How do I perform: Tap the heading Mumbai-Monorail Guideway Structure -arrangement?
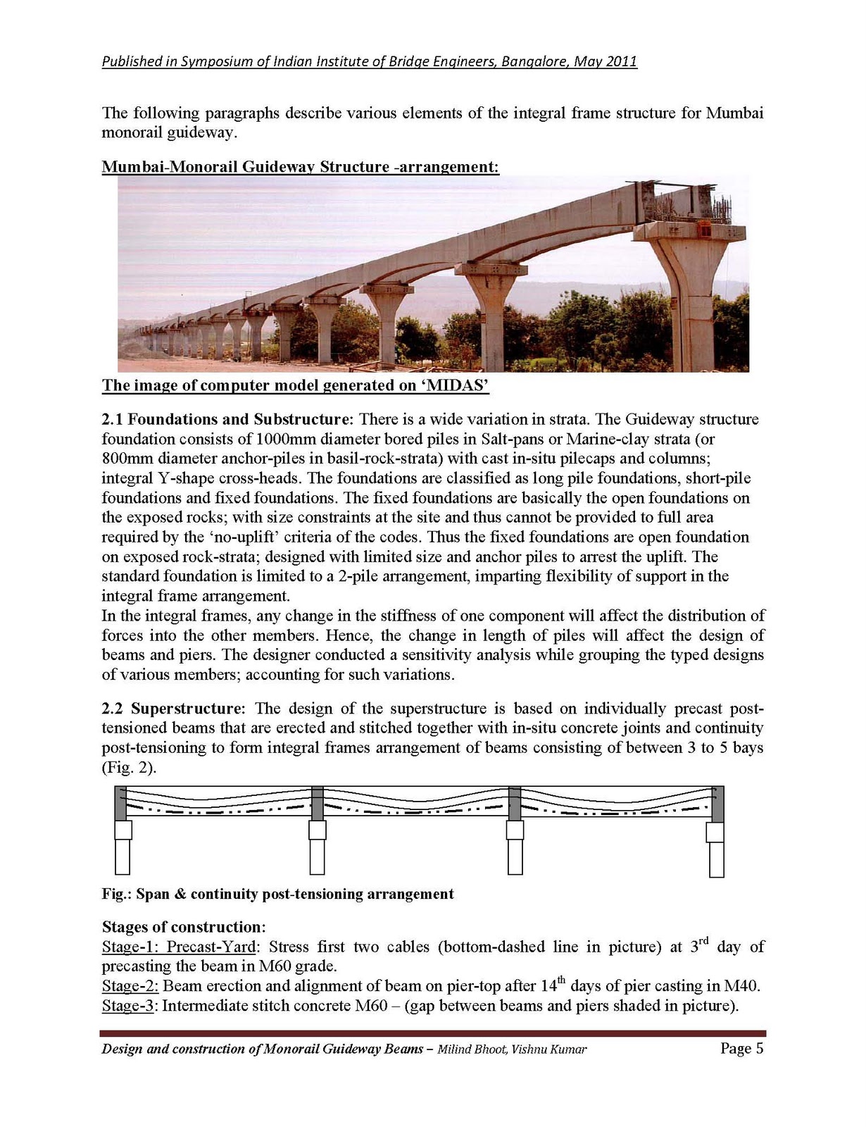pos(301,167)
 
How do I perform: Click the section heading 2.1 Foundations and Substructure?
pos(225,420)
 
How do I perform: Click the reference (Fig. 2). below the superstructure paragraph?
pos(130,767)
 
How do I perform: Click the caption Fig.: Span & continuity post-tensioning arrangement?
pos(278,895)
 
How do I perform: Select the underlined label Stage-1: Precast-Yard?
pos(179,947)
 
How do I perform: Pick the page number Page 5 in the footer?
pos(741,1049)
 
